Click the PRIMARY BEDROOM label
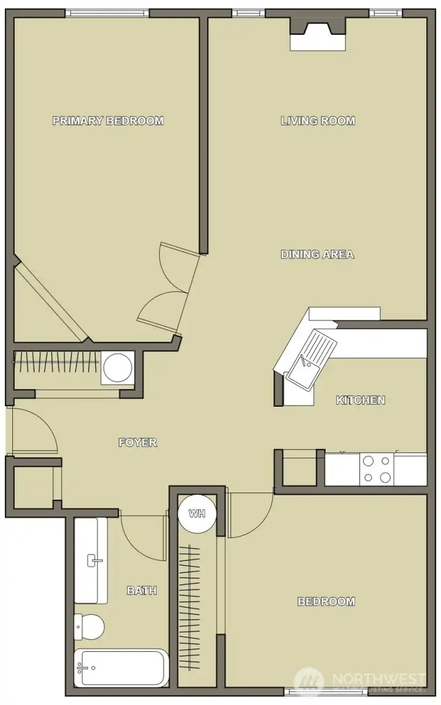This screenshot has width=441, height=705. (x=108, y=121)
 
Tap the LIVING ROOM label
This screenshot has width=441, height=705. (x=318, y=121)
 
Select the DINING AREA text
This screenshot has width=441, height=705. (x=317, y=254)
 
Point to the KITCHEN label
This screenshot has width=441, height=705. (x=361, y=400)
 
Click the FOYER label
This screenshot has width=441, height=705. (x=138, y=442)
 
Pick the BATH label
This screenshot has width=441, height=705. (x=141, y=590)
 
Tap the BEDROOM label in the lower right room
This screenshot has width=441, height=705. (x=326, y=601)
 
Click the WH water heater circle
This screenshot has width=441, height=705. (x=197, y=513)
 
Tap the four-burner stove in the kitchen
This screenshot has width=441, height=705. (x=377, y=469)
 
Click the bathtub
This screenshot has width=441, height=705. (x=121, y=668)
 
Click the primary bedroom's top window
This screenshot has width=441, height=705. (x=107, y=13)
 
